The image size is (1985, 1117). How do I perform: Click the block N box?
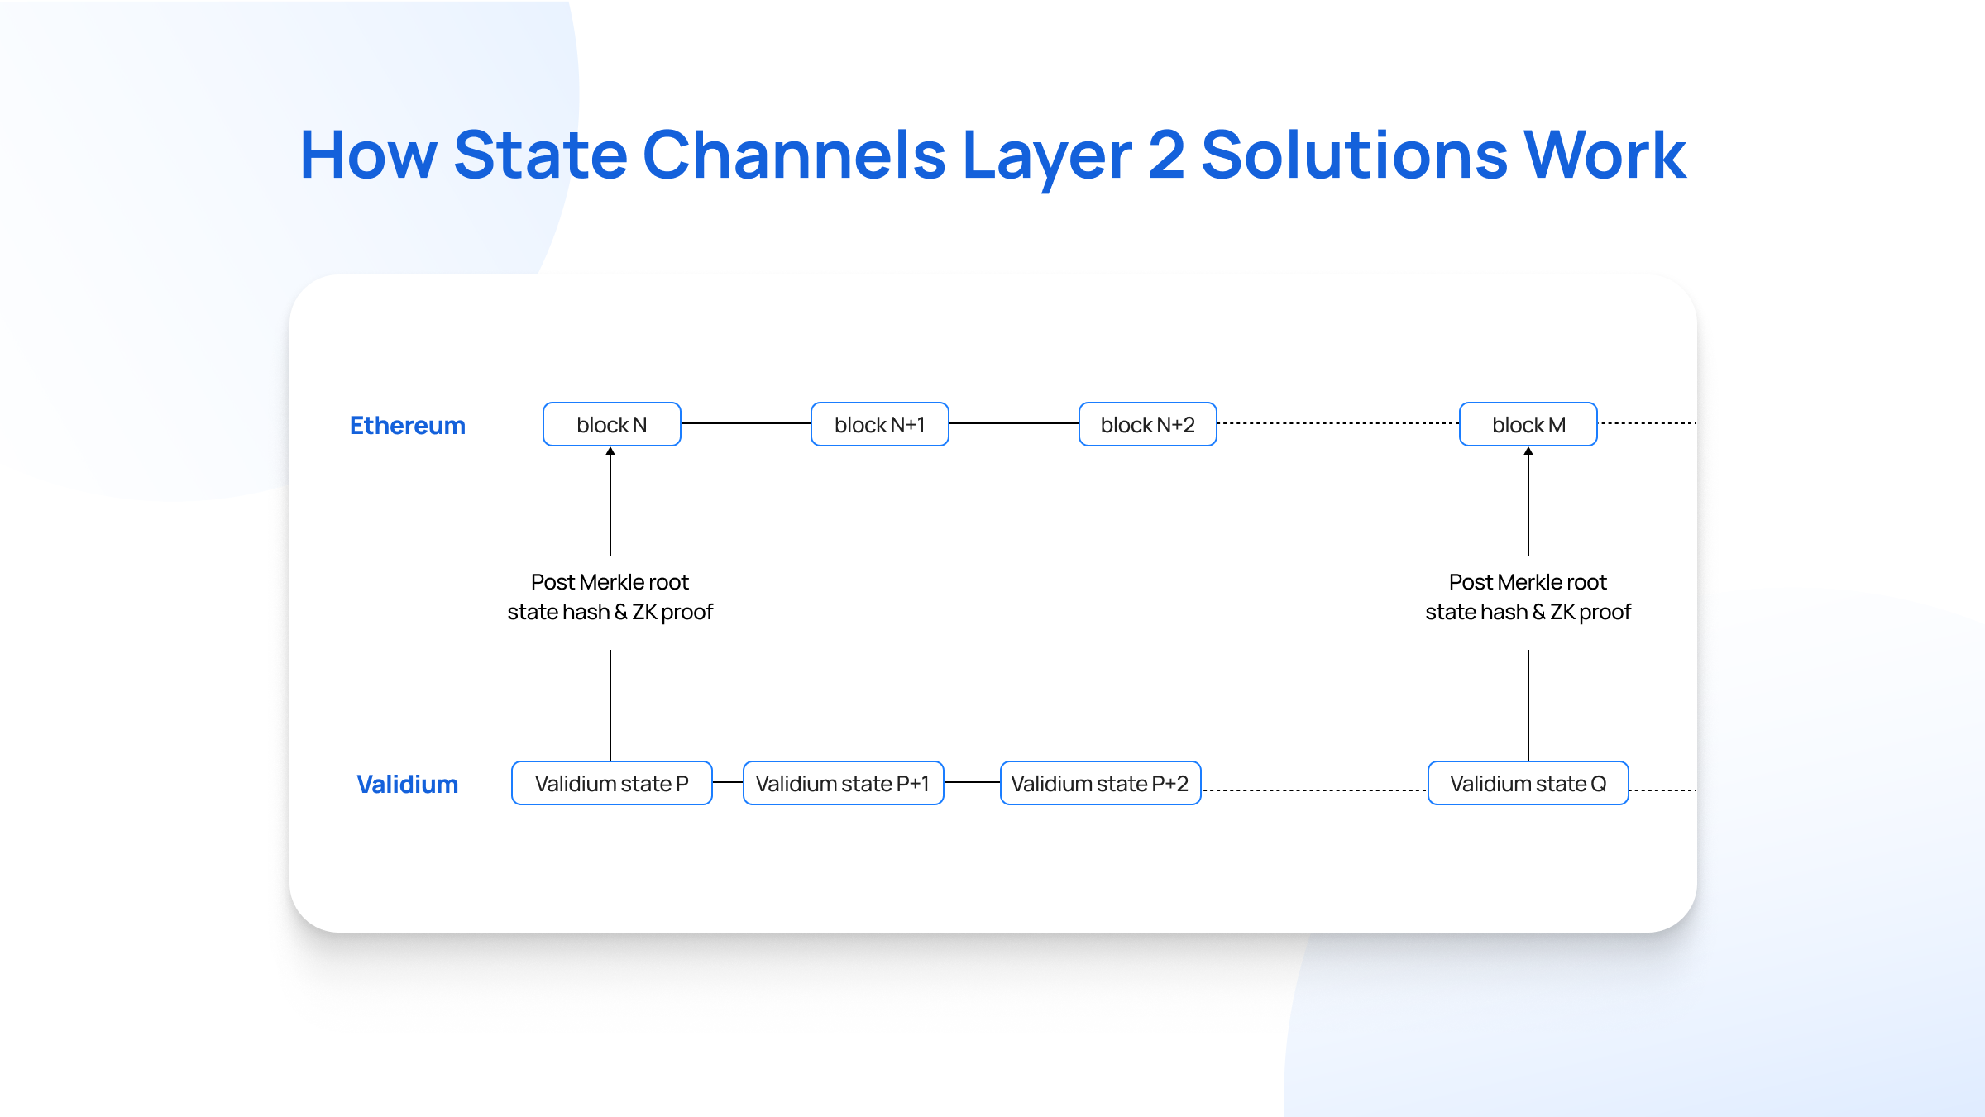pyautogui.click(x=611, y=424)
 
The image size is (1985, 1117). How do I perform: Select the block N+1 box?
pyautogui.click(x=879, y=424)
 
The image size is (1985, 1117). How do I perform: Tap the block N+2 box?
pyautogui.click(x=1147, y=424)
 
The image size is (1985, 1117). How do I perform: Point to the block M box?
pyautogui.click(x=1528, y=424)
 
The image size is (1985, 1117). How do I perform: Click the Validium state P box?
pyautogui.click(x=611, y=783)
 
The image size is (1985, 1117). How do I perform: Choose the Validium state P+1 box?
pyautogui.click(x=843, y=783)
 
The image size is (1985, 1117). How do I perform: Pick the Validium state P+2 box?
pyautogui.click(x=1100, y=783)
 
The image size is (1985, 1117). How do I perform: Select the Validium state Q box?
pyautogui.click(x=1528, y=783)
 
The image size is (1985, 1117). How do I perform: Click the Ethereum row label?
pyautogui.click(x=407, y=425)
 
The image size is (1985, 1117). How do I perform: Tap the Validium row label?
pyautogui.click(x=407, y=784)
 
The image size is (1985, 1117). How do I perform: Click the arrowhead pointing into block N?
pyautogui.click(x=610, y=451)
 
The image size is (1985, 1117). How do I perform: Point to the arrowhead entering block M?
pyautogui.click(x=1528, y=451)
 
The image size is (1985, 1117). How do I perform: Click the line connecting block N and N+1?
pyautogui.click(x=745, y=423)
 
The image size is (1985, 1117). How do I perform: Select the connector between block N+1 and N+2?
pyautogui.click(x=1013, y=423)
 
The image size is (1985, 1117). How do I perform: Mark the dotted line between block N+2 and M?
pyautogui.click(x=1337, y=423)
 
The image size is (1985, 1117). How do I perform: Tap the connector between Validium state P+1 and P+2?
pyautogui.click(x=972, y=782)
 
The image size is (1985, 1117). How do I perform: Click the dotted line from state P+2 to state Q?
pyautogui.click(x=1314, y=790)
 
